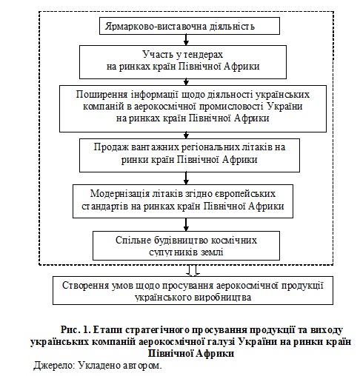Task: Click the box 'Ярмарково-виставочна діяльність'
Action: pyautogui.click(x=190, y=26)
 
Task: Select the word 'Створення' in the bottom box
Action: pyautogui.click(x=85, y=285)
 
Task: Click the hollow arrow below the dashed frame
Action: pyautogui.click(x=193, y=270)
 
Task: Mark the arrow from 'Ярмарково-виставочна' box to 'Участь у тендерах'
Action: pyautogui.click(x=186, y=40)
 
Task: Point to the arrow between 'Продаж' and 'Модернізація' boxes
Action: pyautogui.click(x=186, y=178)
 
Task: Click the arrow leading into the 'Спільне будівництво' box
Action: pyautogui.click(x=186, y=224)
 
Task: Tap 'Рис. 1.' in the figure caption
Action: pyautogui.click(x=76, y=330)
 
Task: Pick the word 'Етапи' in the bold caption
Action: pyautogui.click(x=107, y=330)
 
